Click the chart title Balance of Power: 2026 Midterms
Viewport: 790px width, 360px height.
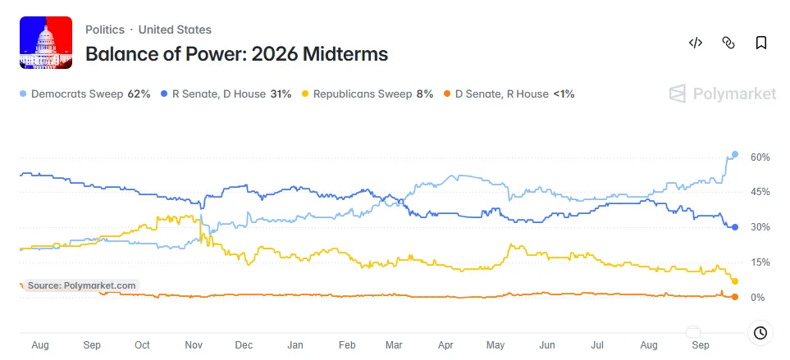coord(237,54)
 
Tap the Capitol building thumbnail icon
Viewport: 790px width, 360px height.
coord(46,43)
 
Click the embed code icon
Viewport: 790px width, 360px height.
coord(696,43)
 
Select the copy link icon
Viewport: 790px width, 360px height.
coord(728,43)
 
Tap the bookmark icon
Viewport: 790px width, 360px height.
coord(760,43)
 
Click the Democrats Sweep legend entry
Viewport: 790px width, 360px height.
coord(85,93)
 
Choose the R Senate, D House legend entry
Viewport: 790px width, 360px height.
coord(226,93)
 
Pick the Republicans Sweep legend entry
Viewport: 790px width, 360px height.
coord(368,93)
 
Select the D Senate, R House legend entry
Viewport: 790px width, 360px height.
coord(509,93)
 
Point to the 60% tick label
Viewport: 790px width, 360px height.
coord(760,157)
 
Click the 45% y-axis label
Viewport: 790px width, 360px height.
coord(760,193)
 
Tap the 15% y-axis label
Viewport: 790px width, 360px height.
coord(760,262)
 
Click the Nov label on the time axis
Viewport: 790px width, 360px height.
coord(194,345)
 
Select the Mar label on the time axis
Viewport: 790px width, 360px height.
coord(394,345)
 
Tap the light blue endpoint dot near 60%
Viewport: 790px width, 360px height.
coord(735,154)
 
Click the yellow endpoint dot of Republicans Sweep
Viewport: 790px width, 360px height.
coord(735,281)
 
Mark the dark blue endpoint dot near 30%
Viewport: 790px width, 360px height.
coord(735,227)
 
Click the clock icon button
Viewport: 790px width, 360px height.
coord(760,333)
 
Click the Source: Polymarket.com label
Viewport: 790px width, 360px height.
coord(81,285)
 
